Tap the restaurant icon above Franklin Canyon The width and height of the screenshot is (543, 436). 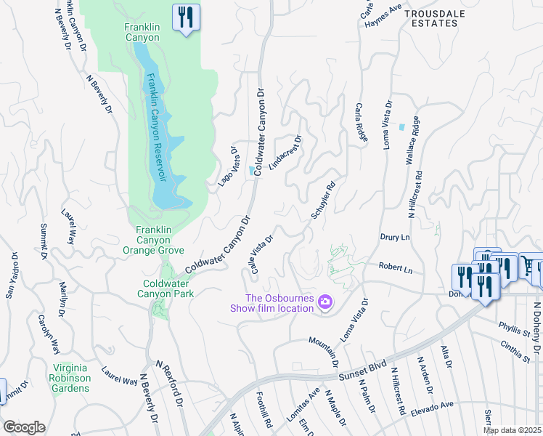[186, 17]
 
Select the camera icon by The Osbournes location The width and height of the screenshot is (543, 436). [325, 301]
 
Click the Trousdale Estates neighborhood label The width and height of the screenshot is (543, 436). [431, 18]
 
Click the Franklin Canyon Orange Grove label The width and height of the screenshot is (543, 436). [155, 240]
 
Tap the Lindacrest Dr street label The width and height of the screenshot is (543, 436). [285, 152]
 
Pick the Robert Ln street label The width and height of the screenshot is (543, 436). [396, 268]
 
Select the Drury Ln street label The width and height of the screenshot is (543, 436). [395, 237]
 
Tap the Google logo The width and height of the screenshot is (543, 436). [23, 427]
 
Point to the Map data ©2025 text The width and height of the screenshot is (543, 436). [513, 430]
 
